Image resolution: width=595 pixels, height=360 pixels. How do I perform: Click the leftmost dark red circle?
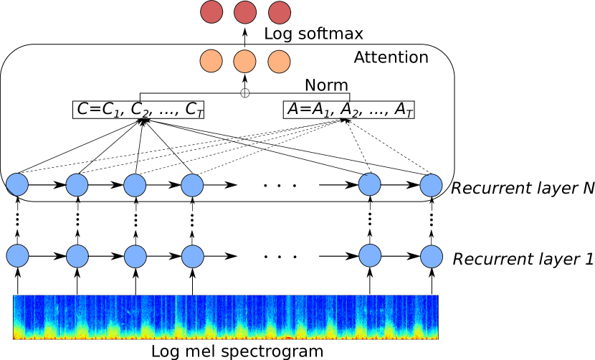tap(211, 11)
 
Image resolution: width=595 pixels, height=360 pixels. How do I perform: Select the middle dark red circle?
tap(245, 12)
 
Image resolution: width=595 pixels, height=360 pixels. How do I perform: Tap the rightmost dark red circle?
tap(280, 12)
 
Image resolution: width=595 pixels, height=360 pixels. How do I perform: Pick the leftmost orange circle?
tap(211, 61)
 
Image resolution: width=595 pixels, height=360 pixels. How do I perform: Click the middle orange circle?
tap(244, 62)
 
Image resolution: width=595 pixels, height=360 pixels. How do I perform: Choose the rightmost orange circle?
tap(279, 62)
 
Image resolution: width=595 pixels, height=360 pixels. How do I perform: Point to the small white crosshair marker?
tap(245, 93)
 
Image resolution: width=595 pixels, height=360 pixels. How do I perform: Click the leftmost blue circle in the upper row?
tap(17, 184)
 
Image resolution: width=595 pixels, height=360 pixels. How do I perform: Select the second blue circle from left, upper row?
tap(77, 185)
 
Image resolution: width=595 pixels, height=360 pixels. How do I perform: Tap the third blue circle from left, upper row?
tap(135, 185)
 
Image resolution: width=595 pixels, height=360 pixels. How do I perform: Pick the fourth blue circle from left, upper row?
tap(192, 185)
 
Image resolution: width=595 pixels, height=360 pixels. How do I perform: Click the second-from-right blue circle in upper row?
tap(369, 184)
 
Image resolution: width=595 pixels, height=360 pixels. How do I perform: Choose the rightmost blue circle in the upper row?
tap(431, 185)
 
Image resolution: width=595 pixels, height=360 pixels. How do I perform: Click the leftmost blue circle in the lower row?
tap(17, 255)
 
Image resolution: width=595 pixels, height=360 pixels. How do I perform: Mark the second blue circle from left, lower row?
tap(77, 256)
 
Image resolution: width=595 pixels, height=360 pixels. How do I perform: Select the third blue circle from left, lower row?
tap(135, 257)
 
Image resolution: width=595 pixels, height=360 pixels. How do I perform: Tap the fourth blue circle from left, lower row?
tap(192, 256)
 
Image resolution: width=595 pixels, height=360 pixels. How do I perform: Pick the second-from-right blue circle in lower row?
tap(370, 255)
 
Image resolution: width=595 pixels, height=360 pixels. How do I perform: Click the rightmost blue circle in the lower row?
tap(432, 256)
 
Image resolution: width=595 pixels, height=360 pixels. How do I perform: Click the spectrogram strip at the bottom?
tap(225, 317)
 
